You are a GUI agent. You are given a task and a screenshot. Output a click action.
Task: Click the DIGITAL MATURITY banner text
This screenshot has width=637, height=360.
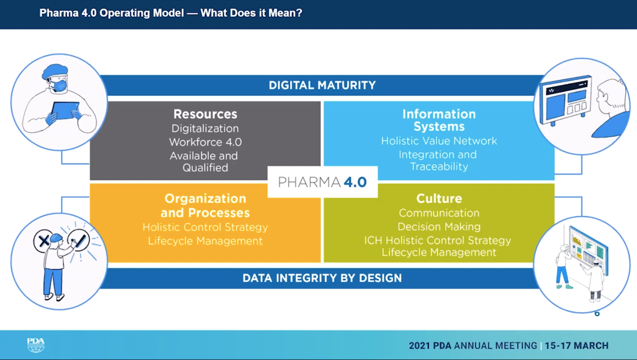point(322,85)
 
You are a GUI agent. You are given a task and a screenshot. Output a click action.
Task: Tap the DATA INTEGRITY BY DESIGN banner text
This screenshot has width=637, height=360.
point(322,278)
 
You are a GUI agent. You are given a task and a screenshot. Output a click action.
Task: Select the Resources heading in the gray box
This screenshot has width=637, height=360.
point(206,115)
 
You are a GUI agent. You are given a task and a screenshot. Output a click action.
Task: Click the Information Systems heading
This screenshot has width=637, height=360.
point(439,120)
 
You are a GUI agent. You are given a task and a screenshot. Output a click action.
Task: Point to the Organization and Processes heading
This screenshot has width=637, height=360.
point(206,206)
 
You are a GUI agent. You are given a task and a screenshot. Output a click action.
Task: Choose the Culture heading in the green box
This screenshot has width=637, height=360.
point(439,198)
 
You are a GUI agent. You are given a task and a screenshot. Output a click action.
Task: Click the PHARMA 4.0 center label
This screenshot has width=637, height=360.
point(322,182)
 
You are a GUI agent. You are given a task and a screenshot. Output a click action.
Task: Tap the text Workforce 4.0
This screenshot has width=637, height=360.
point(206,142)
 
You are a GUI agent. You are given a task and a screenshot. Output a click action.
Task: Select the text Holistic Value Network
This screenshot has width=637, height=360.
point(439,141)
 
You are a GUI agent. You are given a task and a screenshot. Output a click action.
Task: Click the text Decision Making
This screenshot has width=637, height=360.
point(439,227)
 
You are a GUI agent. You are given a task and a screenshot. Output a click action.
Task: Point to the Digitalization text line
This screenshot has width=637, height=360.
point(206,129)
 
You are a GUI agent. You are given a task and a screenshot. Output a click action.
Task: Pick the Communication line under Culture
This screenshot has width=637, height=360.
point(439,213)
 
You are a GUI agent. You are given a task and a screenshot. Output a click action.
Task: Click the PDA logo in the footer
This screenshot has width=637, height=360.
point(36,345)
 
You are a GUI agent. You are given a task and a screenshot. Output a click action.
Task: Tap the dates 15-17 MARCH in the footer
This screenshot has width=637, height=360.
point(577,346)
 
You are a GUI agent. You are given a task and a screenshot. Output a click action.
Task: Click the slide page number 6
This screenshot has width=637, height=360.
point(597,313)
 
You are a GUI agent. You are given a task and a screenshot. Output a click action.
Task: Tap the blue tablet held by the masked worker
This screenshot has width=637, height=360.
point(65,111)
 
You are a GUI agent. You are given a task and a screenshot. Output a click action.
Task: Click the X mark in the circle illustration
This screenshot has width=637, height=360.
point(44,241)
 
